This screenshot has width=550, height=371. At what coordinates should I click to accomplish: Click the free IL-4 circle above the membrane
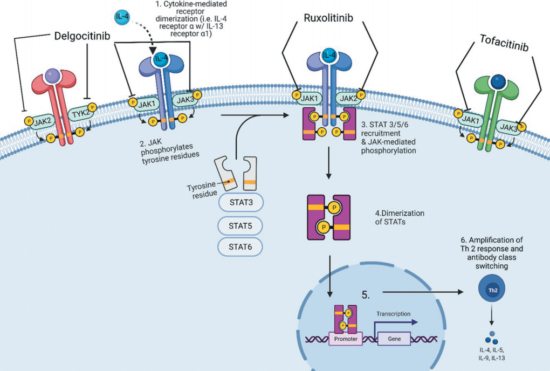(122, 17)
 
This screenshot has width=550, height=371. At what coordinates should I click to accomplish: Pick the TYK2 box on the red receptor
(81, 112)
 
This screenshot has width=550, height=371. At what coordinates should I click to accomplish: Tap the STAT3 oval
(240, 204)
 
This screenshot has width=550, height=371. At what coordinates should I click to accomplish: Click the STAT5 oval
(240, 225)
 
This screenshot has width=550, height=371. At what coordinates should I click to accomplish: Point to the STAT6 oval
(240, 247)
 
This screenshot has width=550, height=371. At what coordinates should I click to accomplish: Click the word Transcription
(394, 313)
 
